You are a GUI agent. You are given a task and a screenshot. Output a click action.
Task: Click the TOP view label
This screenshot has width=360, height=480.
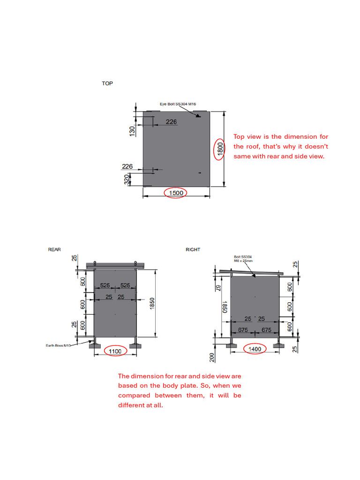107,83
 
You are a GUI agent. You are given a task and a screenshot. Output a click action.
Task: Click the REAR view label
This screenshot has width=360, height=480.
54,250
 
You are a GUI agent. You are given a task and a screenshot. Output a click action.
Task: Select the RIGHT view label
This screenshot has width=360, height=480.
193,250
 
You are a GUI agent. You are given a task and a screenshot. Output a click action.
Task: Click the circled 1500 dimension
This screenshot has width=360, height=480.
176,193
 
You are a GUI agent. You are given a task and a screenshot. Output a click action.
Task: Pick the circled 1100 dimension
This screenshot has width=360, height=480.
115,351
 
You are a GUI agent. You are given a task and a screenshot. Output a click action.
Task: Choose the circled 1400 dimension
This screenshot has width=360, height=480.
255,349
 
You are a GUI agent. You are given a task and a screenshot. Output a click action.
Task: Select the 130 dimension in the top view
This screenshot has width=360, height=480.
132,130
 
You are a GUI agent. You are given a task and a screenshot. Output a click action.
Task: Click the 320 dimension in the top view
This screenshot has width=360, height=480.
127,180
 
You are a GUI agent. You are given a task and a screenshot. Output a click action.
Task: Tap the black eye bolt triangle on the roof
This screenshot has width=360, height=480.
199,115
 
